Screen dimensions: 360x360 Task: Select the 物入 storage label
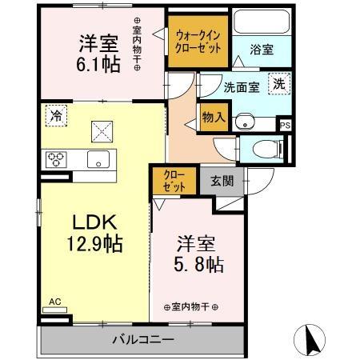[214, 118]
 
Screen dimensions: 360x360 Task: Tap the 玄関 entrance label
[222, 181]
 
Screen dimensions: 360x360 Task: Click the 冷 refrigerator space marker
[55, 114]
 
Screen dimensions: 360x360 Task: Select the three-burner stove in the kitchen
[58, 158]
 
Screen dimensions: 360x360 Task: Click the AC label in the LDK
[55, 301]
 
